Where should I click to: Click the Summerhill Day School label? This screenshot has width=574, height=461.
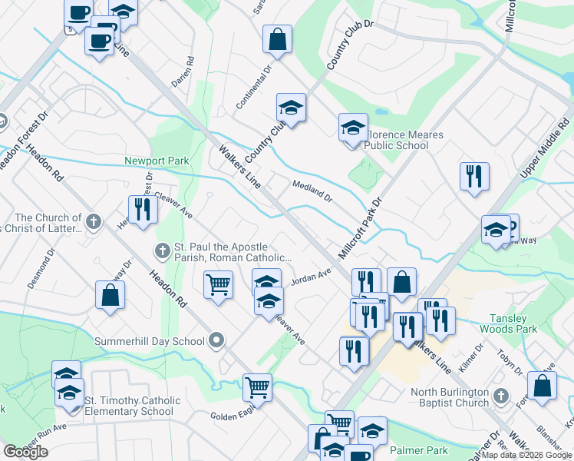point(150,340)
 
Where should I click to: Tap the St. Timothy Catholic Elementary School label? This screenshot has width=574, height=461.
point(133,406)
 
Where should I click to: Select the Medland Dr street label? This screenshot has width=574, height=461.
point(312,191)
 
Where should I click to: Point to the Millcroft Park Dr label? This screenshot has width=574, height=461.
point(361,230)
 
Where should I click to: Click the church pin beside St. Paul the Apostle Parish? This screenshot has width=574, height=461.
point(162,250)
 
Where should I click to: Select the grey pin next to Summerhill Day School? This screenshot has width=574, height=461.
point(216,340)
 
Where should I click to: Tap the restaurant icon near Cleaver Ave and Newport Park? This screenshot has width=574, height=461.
point(142,210)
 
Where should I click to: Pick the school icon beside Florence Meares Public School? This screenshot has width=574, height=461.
point(353,127)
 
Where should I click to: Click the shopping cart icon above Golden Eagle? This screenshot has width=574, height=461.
point(257,386)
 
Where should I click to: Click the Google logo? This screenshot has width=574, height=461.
point(26,452)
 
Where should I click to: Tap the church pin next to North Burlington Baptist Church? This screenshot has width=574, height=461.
point(500,396)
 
